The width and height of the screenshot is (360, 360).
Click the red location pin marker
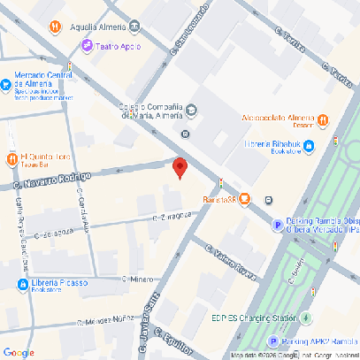tap(180, 166)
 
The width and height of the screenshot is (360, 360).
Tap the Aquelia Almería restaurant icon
tap(56, 27)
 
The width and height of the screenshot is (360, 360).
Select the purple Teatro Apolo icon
tap(87, 45)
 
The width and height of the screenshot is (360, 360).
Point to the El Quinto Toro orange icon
tap(11, 158)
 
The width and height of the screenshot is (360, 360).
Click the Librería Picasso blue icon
tap(10, 284)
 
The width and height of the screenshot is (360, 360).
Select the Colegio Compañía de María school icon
tap(192, 111)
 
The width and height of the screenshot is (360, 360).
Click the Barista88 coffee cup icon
tap(244, 199)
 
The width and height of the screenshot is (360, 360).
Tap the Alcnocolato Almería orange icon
tap(324, 119)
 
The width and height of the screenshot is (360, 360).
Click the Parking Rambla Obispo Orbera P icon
tap(277, 226)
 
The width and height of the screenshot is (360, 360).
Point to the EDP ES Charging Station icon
tap(305, 318)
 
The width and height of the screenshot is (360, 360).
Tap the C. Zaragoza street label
tap(172, 216)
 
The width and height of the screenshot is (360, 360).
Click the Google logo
tap(19, 352)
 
